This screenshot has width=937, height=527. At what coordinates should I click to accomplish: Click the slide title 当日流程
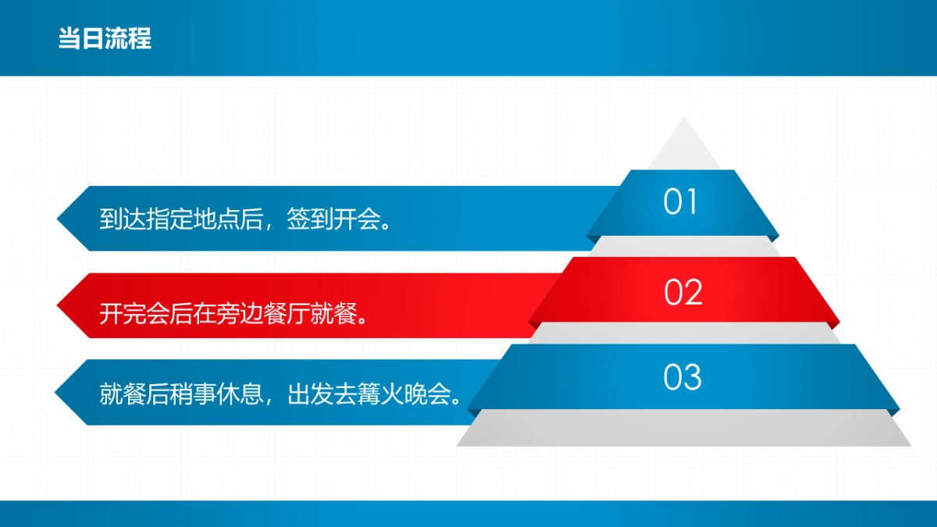pos(105,38)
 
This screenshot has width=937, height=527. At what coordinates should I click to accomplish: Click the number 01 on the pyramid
pos(680,202)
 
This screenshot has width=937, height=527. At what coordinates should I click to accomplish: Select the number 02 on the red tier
pos(683,292)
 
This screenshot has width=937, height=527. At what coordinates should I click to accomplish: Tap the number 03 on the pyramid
pos(682,378)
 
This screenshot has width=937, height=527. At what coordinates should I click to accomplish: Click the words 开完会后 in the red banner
pos(137,315)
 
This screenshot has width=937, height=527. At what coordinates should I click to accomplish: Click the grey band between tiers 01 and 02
pos(683,246)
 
